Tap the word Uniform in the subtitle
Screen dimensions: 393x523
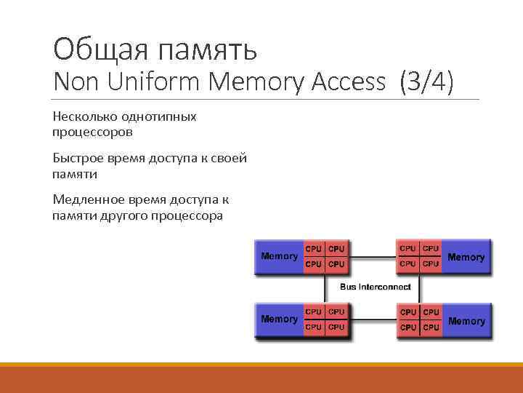pyautogui.click(x=155, y=82)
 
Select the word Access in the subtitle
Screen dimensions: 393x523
pyautogui.click(x=349, y=82)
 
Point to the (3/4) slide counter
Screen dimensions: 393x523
pyautogui.click(x=426, y=82)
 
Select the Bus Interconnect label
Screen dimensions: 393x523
pyautogui.click(x=375, y=287)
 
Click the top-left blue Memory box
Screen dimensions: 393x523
pyautogui.click(x=279, y=256)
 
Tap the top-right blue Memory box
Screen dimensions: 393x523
pyautogui.click(x=466, y=257)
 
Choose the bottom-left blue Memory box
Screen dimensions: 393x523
pyautogui.click(x=279, y=319)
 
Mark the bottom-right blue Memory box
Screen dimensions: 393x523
pyautogui.click(x=466, y=320)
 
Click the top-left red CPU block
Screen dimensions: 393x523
pyautogui.click(x=325, y=256)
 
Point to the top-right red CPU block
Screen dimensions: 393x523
pyautogui.click(x=419, y=256)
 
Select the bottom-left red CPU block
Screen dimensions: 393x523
pyautogui.click(x=325, y=319)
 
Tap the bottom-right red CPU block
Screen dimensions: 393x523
pyautogui.click(x=419, y=319)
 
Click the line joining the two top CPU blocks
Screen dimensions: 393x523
pyautogui.click(x=372, y=256)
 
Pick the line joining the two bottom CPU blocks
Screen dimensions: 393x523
pyautogui.click(x=372, y=319)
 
